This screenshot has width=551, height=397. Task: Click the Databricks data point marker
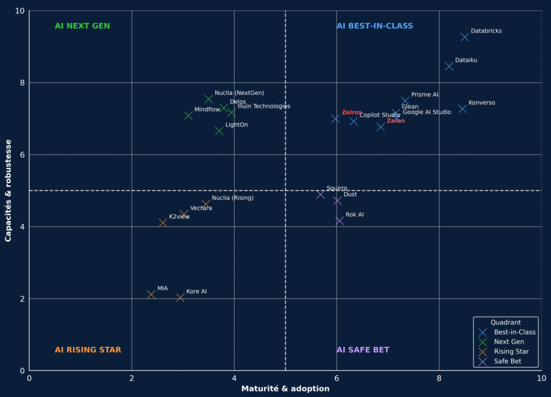(465, 37)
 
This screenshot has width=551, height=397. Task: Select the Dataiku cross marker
(449, 66)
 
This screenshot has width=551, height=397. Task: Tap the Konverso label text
(482, 103)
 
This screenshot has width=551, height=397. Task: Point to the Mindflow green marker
(188, 116)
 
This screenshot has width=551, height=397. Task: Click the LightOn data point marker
(219, 131)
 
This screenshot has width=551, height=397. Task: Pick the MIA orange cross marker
(151, 295)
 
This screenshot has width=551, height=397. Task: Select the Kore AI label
(196, 291)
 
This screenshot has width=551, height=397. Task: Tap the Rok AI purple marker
(340, 221)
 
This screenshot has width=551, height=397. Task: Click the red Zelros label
(352, 113)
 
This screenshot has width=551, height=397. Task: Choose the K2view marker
(163, 222)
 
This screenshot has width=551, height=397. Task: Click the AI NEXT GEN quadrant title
(82, 26)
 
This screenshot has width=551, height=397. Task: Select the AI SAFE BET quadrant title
(363, 350)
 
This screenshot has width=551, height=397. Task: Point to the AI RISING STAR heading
(88, 350)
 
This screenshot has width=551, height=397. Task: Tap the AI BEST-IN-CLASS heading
(375, 26)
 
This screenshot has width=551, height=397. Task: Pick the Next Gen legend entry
(508, 342)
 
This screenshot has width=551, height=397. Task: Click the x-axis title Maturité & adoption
(285, 388)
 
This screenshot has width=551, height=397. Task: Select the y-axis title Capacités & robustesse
(9, 191)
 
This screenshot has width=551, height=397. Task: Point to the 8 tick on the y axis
(23, 83)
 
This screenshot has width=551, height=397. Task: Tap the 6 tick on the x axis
(337, 378)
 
